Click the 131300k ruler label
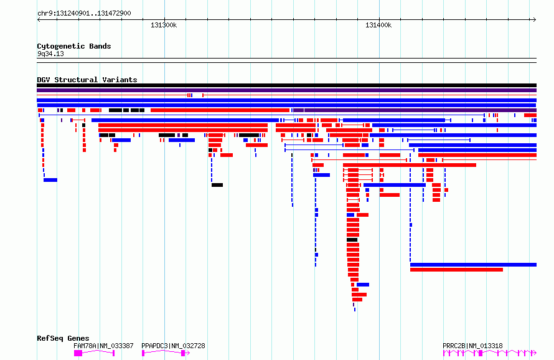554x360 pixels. click(164, 25)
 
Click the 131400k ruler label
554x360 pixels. click(378, 25)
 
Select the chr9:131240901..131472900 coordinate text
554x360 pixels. click(84, 13)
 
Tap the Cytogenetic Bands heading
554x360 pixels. click(74, 46)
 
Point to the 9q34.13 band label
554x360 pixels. click(50, 54)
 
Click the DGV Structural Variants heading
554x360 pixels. click(87, 80)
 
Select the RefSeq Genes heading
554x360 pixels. click(63, 338)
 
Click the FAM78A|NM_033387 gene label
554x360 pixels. click(103, 346)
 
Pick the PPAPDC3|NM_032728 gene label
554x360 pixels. click(173, 346)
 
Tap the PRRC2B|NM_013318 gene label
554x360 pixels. click(472, 346)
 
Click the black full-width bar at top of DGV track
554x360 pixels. click(286, 85)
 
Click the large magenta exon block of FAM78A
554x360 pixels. click(78, 353)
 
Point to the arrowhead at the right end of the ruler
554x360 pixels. click(535, 20)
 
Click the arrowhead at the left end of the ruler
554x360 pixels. click(38, 20)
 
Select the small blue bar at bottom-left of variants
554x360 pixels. click(50, 180)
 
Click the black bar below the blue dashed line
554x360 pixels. click(217, 185)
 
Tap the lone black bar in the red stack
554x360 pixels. click(352, 240)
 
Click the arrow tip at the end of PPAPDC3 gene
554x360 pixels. click(189, 353)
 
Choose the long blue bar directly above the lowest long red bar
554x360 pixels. click(473, 265)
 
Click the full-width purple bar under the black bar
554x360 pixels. click(286, 90)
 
